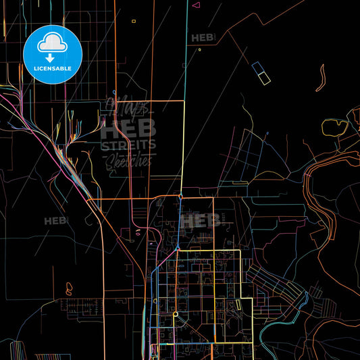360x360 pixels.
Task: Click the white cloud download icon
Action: [52, 45]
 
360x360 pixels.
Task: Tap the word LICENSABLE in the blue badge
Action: [52, 68]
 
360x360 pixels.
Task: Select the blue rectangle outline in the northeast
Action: [257, 68]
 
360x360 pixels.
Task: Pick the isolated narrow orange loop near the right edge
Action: [320, 77]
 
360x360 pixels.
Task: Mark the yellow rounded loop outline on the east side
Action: [334, 127]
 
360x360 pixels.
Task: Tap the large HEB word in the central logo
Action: [128, 127]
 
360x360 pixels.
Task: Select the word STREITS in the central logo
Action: [128, 145]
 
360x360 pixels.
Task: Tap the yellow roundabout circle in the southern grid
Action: [175, 314]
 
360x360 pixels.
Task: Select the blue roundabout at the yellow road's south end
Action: [181, 195]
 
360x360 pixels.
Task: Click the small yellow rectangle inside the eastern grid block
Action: [238, 305]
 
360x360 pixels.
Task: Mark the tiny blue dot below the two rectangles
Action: [267, 134]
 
